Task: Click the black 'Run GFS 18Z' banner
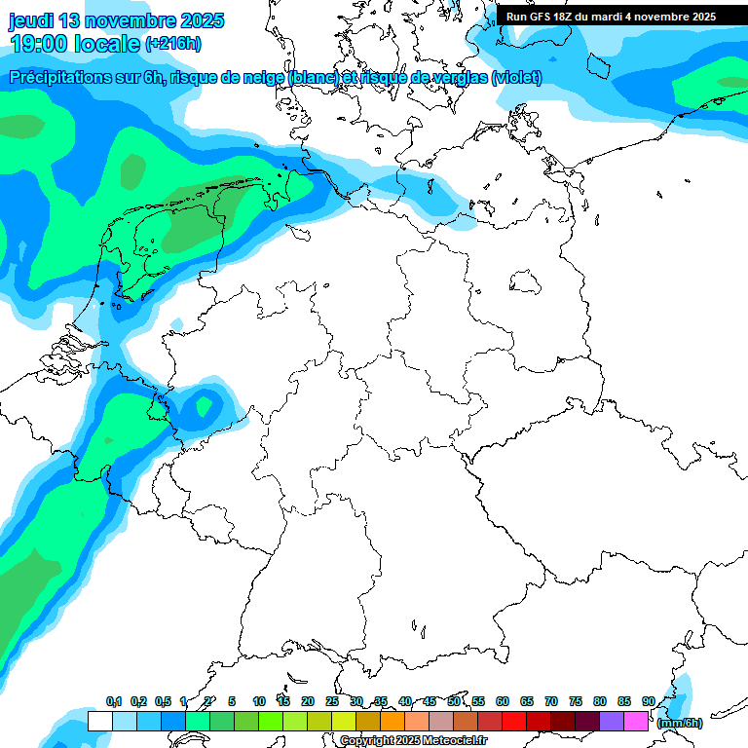click(611, 17)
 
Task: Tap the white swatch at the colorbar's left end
click(99, 722)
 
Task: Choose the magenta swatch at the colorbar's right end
click(636, 722)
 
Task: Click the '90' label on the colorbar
click(649, 701)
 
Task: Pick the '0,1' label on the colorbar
click(114, 701)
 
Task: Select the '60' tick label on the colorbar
click(503, 701)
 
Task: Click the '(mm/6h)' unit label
click(680, 722)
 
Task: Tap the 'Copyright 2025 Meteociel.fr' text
click(413, 741)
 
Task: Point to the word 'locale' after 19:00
click(109, 44)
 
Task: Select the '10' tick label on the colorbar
click(259, 701)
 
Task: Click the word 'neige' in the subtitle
click(251, 78)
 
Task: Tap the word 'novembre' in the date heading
click(128, 20)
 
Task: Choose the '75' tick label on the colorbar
click(576, 701)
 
